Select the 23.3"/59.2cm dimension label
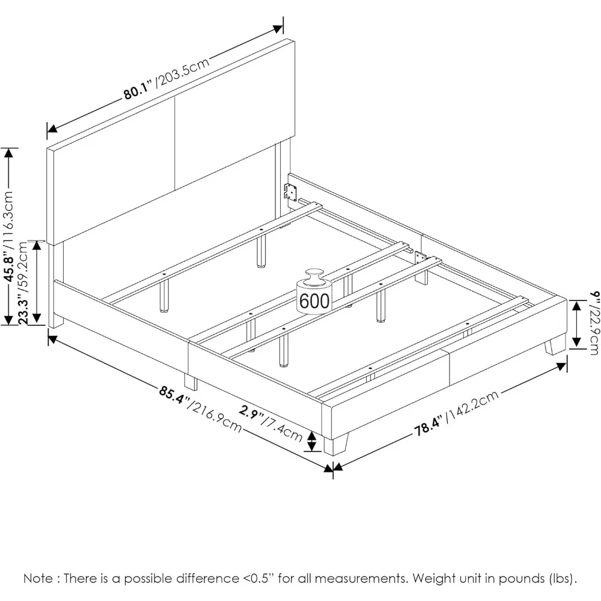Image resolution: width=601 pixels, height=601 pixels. pos(24,282)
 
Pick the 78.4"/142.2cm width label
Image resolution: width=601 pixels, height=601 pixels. pos(457,415)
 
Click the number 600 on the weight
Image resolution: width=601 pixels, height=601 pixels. pos(314,300)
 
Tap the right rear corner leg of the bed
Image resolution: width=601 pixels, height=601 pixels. pos(556,346)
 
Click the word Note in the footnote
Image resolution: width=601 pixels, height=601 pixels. pos(37,579)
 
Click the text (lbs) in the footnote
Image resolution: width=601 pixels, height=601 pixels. pos(561,579)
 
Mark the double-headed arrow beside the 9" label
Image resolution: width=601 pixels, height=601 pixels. pos(576,325)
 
